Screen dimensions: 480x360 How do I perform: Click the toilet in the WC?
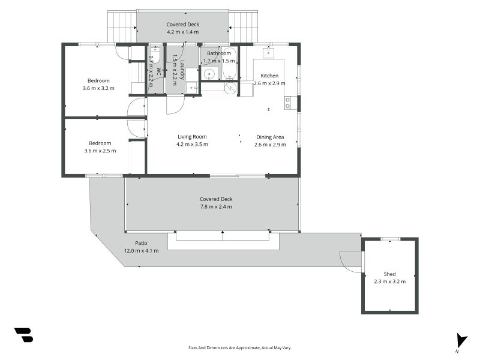pos(155,55)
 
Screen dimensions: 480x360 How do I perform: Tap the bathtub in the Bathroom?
pos(229,63)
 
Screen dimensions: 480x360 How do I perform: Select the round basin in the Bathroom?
pos(209,73)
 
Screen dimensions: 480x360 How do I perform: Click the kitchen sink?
pos(268,52)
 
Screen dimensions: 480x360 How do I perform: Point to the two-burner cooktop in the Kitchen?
pos(288,103)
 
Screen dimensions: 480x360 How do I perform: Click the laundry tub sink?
pos(192,88)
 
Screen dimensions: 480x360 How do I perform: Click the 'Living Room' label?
pos(192,137)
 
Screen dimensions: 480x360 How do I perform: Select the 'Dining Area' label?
pos(270,137)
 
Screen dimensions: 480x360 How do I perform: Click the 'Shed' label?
pos(389,274)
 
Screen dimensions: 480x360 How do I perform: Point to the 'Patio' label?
pos(141,243)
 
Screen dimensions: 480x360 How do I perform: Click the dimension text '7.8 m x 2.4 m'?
pos(216,206)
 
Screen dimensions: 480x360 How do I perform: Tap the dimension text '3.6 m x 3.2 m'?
pos(98,88)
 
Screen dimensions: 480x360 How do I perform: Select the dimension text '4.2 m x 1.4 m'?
pos(183,32)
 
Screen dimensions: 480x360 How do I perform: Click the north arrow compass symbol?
pos(461,342)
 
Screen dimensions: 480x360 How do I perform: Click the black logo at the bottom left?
pos(24,335)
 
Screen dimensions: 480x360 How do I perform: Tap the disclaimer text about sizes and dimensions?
pos(239,348)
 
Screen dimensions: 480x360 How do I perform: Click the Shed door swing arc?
pos(350,263)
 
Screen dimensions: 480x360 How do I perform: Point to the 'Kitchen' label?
pos(269,76)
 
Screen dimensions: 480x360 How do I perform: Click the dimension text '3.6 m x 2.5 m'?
pos(100,151)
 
